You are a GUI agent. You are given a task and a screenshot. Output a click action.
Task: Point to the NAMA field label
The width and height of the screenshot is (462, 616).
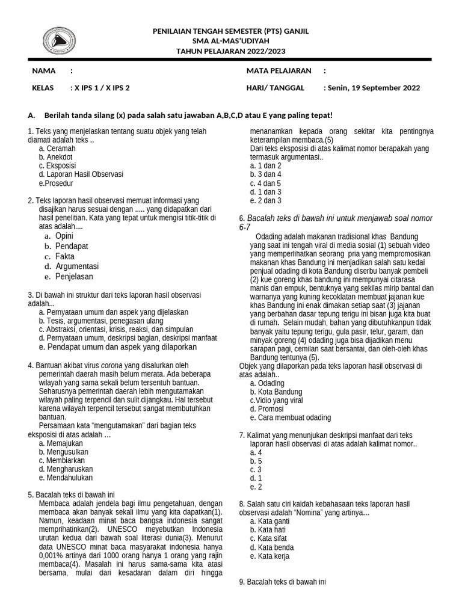[44, 71]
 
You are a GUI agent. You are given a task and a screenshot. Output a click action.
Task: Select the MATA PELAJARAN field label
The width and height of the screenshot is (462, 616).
[279, 71]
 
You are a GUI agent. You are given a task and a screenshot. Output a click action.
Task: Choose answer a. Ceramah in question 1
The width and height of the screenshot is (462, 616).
[57, 148]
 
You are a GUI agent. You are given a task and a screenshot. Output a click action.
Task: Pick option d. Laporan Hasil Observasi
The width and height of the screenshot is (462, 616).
[81, 174]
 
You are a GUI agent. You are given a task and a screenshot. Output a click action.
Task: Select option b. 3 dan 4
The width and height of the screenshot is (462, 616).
[265, 174]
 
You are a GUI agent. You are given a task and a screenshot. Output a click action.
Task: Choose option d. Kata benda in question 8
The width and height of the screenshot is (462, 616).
[272, 547]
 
